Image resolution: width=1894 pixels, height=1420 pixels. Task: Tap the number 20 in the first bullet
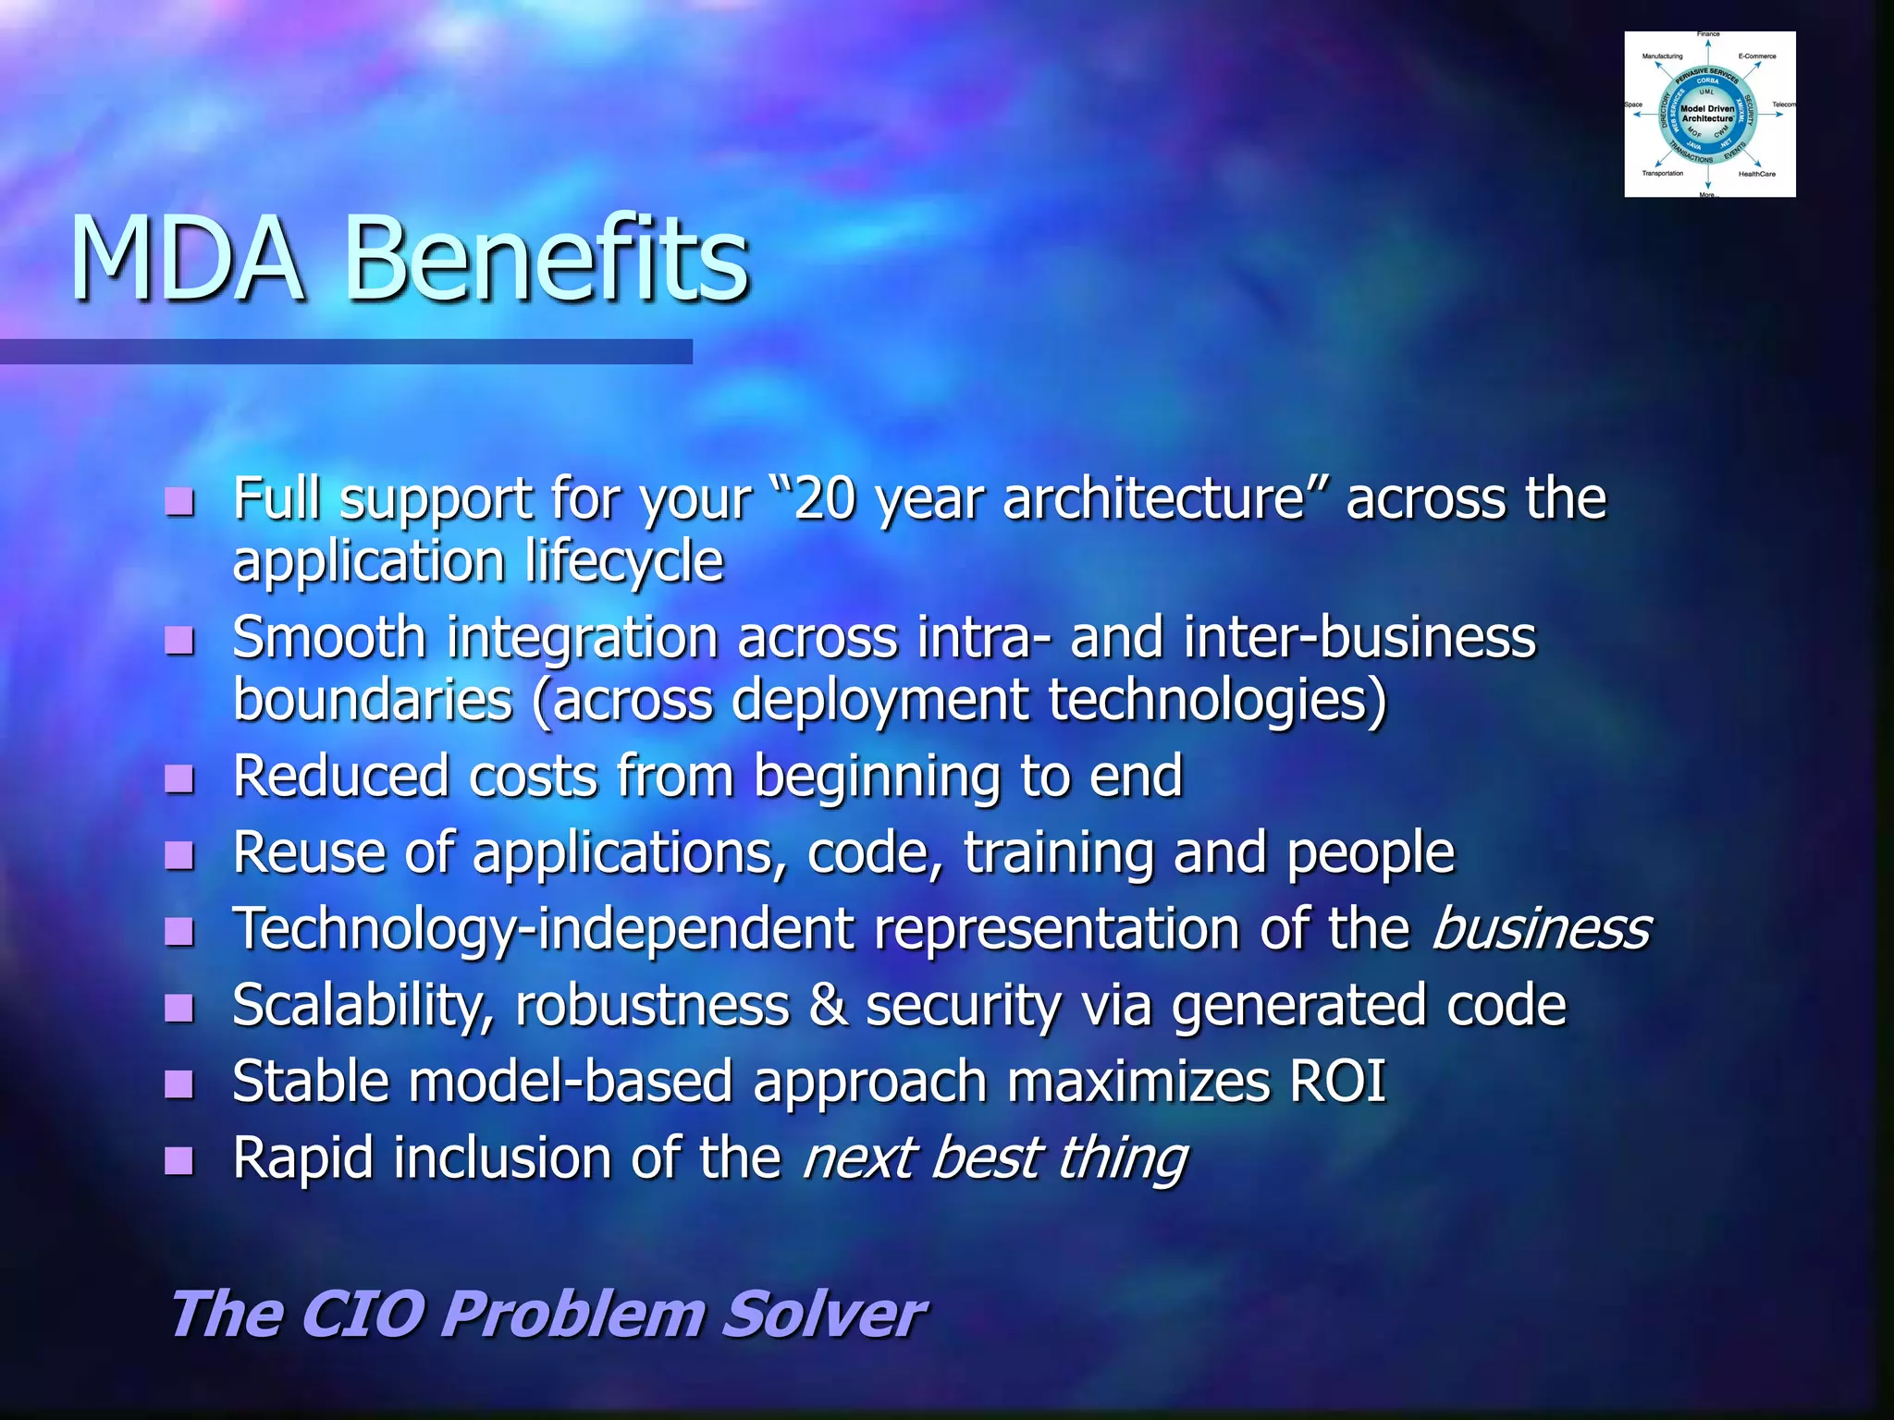click(824, 499)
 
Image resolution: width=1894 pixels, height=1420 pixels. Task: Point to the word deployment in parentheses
click(879, 700)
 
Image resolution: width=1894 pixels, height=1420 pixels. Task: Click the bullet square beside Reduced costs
click(179, 778)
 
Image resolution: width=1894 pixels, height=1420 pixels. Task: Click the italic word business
click(1541, 928)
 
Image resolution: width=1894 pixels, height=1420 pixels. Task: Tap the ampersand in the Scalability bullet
click(829, 1005)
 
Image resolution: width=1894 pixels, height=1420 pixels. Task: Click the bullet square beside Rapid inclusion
click(179, 1160)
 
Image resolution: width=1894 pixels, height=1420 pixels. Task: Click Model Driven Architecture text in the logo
click(1707, 114)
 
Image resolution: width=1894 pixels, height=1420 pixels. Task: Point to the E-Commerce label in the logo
click(1757, 56)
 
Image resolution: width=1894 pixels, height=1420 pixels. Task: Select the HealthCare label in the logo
click(1756, 174)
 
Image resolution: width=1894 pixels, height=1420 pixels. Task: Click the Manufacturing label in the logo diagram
click(1662, 56)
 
